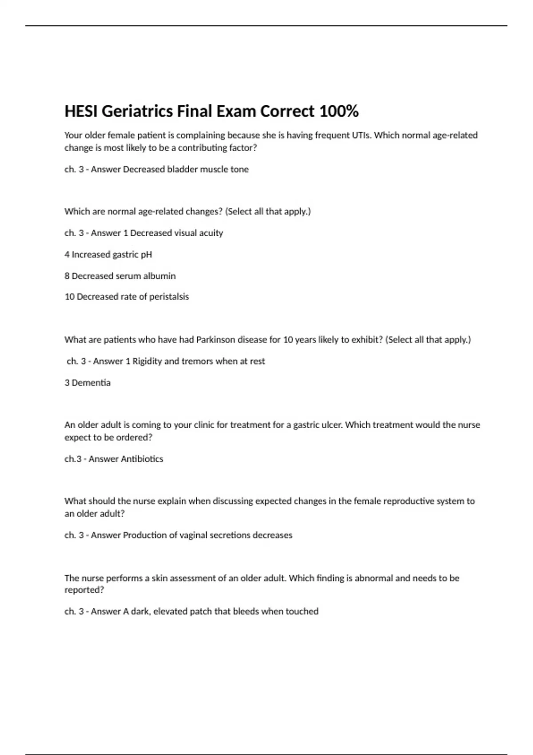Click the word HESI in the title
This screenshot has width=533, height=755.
[x=81, y=111]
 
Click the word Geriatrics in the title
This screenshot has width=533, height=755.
[x=137, y=111]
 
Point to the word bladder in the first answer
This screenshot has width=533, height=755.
[x=182, y=169]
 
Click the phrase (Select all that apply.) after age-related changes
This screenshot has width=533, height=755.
[x=268, y=211]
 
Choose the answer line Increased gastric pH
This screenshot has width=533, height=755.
[x=108, y=254]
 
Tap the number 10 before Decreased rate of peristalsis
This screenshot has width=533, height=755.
[x=69, y=297]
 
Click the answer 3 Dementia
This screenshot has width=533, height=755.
[x=88, y=383]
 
